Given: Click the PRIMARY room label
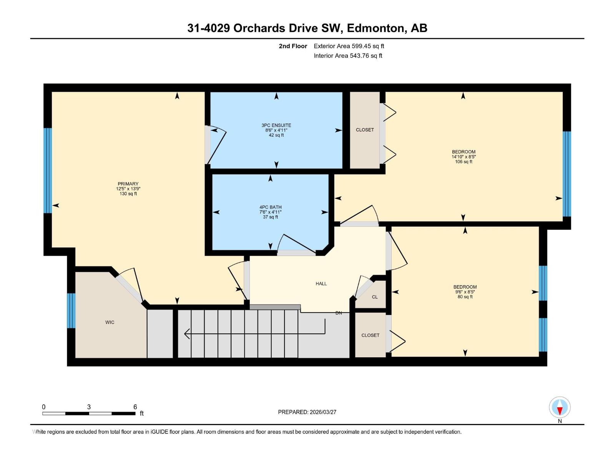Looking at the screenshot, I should coord(128,184).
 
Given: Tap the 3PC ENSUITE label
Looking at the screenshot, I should coord(276,126).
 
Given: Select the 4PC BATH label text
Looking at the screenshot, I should coord(270,207).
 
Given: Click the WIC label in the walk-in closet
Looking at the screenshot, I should coord(110,322).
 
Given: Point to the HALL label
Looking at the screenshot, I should coord(321,284).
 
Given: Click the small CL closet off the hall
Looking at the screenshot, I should coord(375,297).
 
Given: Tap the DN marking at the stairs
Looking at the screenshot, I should coord(339,313).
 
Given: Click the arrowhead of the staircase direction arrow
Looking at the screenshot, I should coord(187,333).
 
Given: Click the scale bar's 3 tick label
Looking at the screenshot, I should coord(89,407).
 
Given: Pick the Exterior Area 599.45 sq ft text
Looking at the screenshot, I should coord(349,46).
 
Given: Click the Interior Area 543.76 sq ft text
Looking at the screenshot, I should coord(348,56).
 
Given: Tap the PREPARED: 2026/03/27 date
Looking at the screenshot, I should coord(307,412).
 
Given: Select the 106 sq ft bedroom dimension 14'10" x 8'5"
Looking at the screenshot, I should coord(464,157).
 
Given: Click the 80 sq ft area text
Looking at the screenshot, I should coord(465,297).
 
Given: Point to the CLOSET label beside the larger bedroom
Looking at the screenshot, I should coord(365,130).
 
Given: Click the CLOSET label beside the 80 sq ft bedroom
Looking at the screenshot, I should coord(370,335).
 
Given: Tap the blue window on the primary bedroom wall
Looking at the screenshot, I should coord(47,170).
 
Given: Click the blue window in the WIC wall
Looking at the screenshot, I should coord(71,311).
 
